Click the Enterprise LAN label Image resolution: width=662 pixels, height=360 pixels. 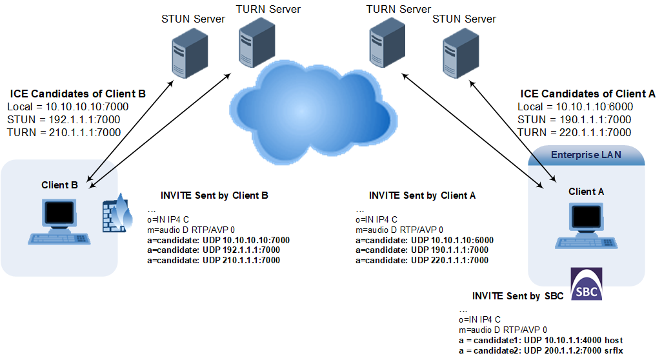586,155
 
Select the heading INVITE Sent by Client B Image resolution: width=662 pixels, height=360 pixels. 214,195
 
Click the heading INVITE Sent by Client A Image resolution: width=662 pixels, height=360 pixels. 422,195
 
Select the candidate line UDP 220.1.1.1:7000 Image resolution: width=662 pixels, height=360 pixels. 422,260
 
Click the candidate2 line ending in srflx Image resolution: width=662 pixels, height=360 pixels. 541,350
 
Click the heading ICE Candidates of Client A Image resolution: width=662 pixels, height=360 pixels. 587,94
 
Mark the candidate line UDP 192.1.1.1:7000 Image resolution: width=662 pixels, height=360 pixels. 214,250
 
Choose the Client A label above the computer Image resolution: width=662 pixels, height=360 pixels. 586,192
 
